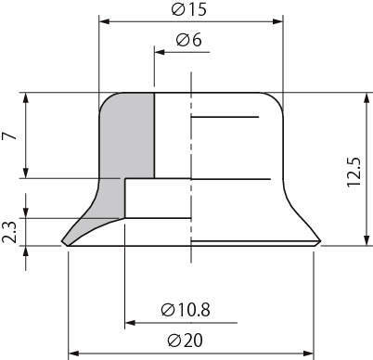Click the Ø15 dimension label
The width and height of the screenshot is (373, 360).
(188, 9)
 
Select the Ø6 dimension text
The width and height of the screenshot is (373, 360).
(188, 40)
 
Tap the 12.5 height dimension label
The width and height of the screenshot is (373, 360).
(354, 172)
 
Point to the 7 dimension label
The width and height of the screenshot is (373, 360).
(9, 135)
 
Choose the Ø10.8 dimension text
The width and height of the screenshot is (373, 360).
(186, 310)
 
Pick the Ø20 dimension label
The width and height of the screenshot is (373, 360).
(185, 341)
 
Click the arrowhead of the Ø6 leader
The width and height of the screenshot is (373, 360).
(159, 52)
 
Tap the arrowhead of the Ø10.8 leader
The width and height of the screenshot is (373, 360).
(130, 323)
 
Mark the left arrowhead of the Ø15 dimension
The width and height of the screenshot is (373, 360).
(104, 21)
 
